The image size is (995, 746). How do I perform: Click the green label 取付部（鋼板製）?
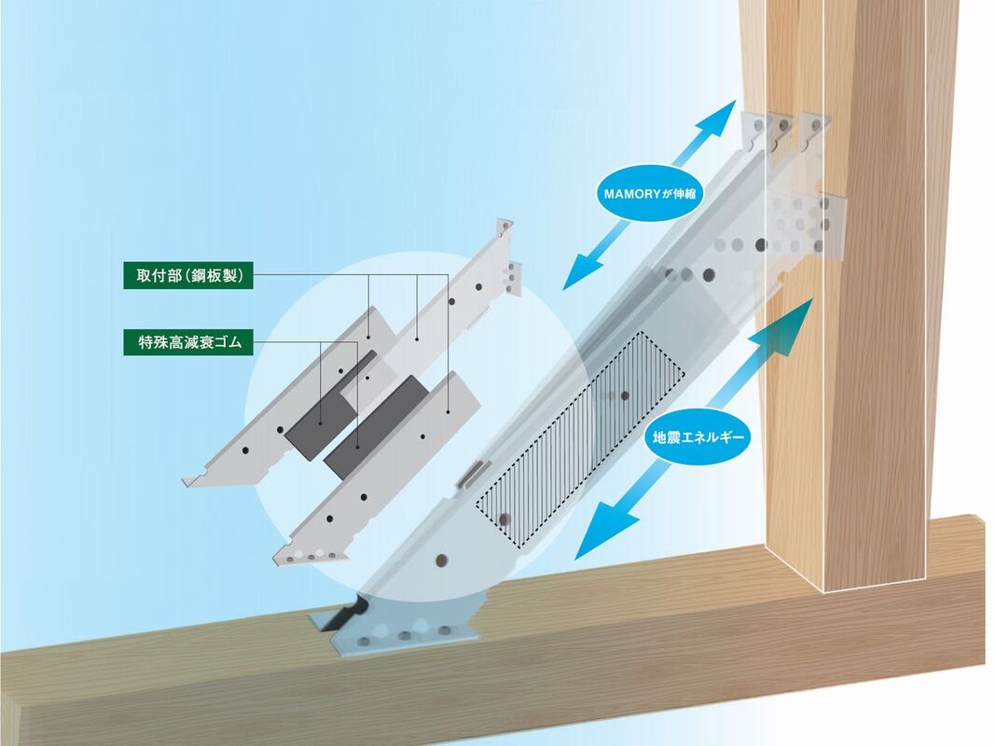pyautogui.click(x=188, y=276)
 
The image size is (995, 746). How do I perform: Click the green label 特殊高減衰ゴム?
pyautogui.click(x=188, y=342)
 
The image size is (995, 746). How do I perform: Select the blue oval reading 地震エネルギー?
pyautogui.click(x=698, y=437)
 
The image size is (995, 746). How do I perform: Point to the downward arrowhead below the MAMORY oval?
pyautogui.click(x=582, y=270)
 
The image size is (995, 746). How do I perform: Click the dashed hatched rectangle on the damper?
pyautogui.click(x=581, y=439)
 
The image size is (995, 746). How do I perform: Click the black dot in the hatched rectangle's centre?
pyautogui.click(x=625, y=395)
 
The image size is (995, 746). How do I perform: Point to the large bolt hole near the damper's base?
pyautogui.click(x=442, y=560)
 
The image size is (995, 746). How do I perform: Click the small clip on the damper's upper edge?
pyautogui.click(x=473, y=474)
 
